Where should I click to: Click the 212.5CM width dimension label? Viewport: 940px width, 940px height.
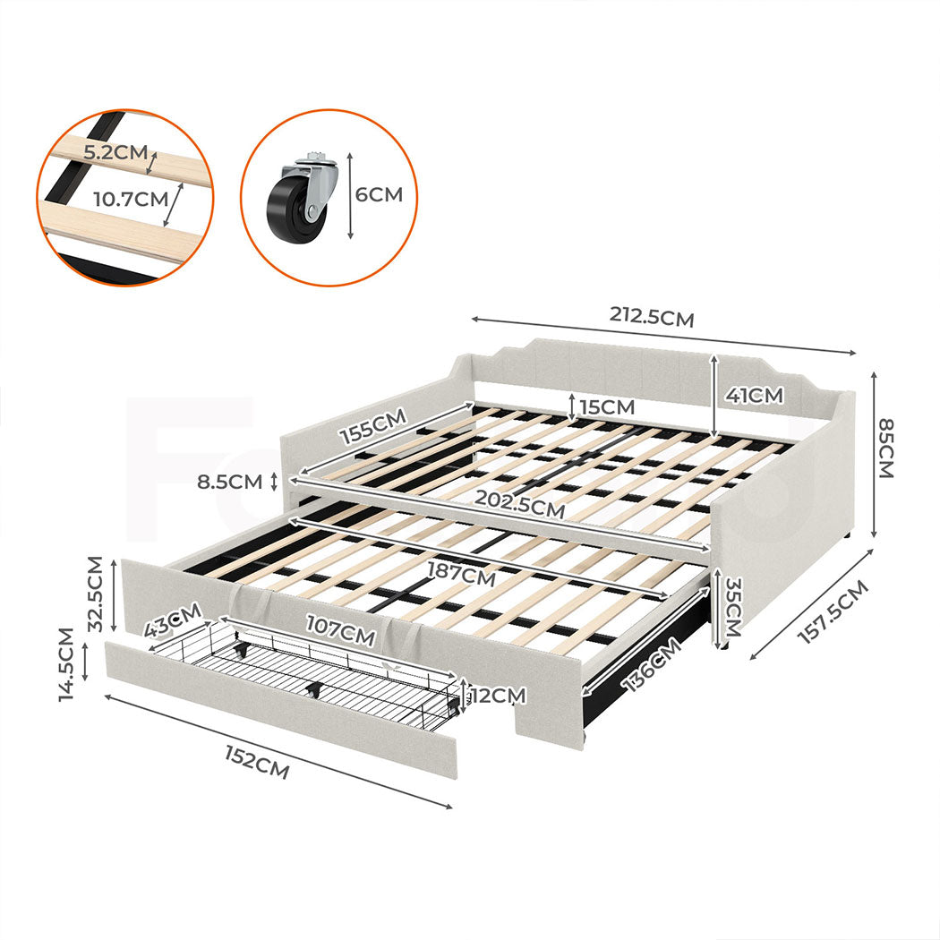click(652, 316)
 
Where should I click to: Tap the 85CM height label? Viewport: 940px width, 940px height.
click(886, 449)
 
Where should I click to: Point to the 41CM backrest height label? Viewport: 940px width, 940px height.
click(753, 395)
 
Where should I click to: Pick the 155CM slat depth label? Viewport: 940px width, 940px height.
click(372, 427)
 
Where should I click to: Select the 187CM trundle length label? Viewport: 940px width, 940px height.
click(460, 574)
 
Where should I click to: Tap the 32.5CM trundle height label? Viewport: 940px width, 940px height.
click(97, 594)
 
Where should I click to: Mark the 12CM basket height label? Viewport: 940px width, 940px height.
click(498, 695)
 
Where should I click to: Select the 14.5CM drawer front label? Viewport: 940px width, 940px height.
click(65, 663)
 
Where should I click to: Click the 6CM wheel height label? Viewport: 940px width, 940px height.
click(380, 194)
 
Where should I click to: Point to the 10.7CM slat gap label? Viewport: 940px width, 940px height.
click(132, 198)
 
